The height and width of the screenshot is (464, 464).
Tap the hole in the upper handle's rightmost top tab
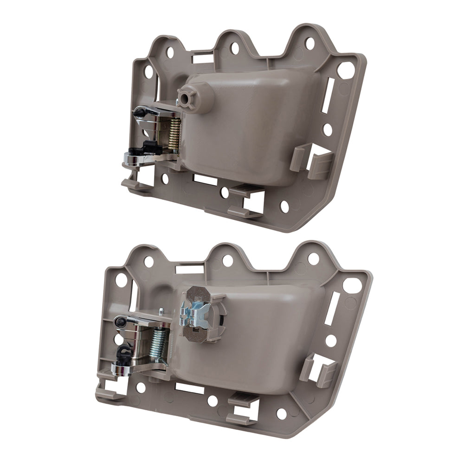pos(309,44)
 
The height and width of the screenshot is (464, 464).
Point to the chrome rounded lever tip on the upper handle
pos(130,160)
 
